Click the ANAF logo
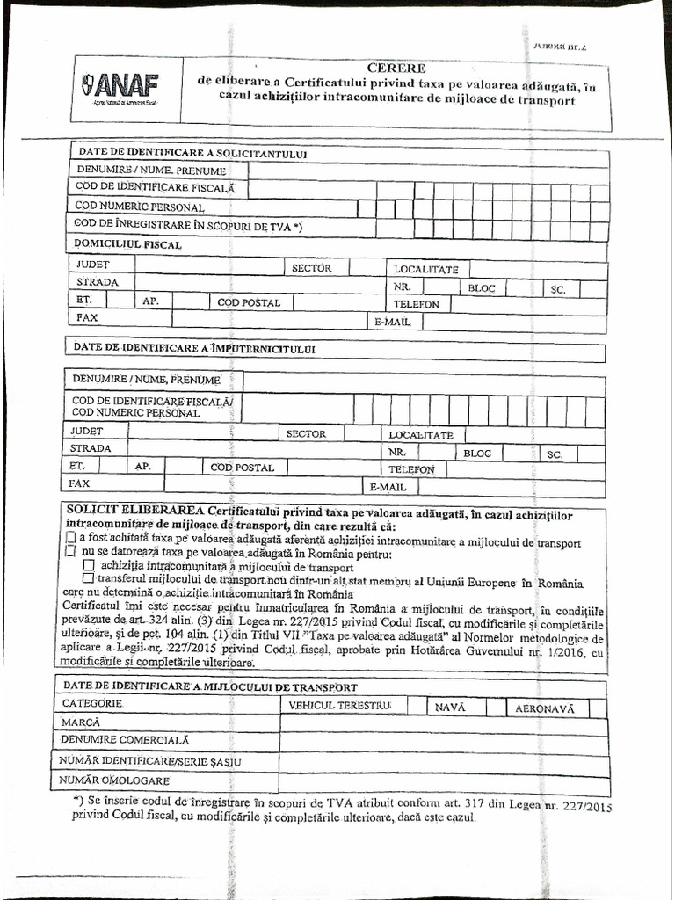120,88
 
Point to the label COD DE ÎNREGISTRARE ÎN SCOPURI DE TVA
188,225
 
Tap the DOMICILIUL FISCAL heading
128,244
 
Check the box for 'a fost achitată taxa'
71,537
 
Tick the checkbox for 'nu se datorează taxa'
71,551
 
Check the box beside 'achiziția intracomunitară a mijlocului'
88,565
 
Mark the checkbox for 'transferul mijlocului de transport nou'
88,579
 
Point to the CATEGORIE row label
92,704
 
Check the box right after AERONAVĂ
598,708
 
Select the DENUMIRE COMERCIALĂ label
126,741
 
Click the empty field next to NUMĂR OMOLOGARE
443,781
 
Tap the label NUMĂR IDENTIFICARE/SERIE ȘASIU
150,760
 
